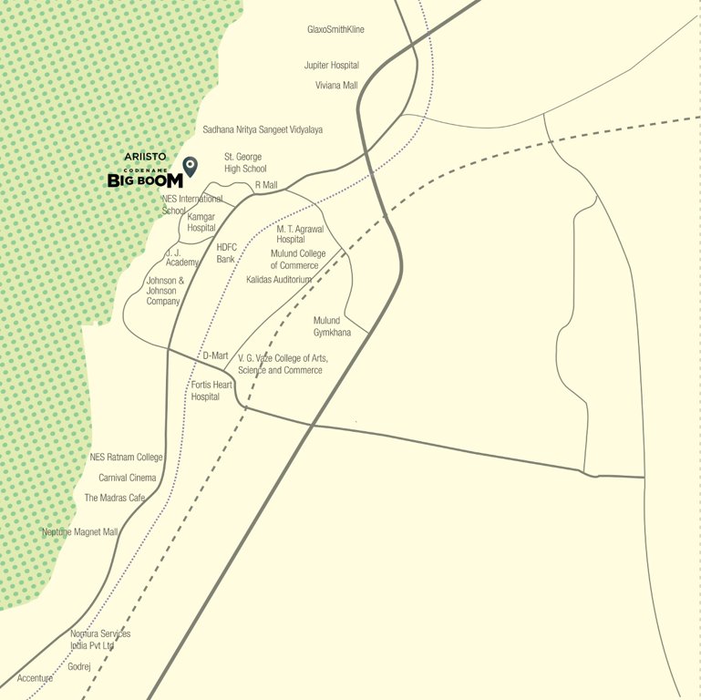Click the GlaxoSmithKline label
click(335, 30)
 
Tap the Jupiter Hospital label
click(331, 66)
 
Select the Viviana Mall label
click(336, 86)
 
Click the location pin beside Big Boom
click(190, 166)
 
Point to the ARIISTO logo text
click(145, 157)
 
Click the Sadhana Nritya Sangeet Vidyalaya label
click(263, 130)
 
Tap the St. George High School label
click(245, 163)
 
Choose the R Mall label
click(266, 185)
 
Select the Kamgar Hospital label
click(201, 222)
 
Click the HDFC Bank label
click(226, 253)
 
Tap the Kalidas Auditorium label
click(279, 280)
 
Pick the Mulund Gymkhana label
click(332, 327)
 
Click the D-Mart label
click(215, 355)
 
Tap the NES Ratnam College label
click(126, 458)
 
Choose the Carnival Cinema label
click(127, 478)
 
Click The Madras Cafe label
click(115, 499)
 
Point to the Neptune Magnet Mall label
click(80, 532)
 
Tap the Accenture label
click(35, 678)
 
